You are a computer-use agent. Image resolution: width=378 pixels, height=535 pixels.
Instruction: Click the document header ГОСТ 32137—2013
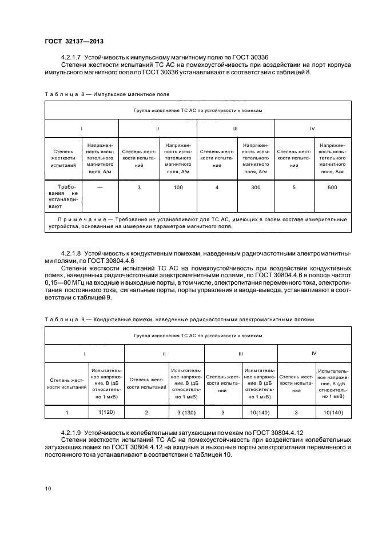[70, 41]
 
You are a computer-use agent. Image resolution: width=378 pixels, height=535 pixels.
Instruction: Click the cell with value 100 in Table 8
[177, 187]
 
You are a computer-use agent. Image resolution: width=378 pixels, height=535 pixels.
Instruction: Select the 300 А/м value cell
[255, 187]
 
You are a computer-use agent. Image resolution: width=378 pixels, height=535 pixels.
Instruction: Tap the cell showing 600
[332, 187]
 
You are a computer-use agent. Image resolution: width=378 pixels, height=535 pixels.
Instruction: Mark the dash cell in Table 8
[100, 187]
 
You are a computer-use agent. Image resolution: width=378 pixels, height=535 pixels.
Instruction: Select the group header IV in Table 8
[312, 129]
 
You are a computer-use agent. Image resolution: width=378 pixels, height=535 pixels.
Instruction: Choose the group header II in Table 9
[164, 354]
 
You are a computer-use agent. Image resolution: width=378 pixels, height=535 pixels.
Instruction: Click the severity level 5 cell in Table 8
[294, 187]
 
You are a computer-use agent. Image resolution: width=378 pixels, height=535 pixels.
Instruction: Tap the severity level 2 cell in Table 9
[146, 412]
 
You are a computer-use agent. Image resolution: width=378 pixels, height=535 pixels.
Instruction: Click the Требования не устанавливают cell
[63, 197]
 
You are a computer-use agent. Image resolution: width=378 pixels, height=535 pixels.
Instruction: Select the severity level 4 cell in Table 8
[217, 187]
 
